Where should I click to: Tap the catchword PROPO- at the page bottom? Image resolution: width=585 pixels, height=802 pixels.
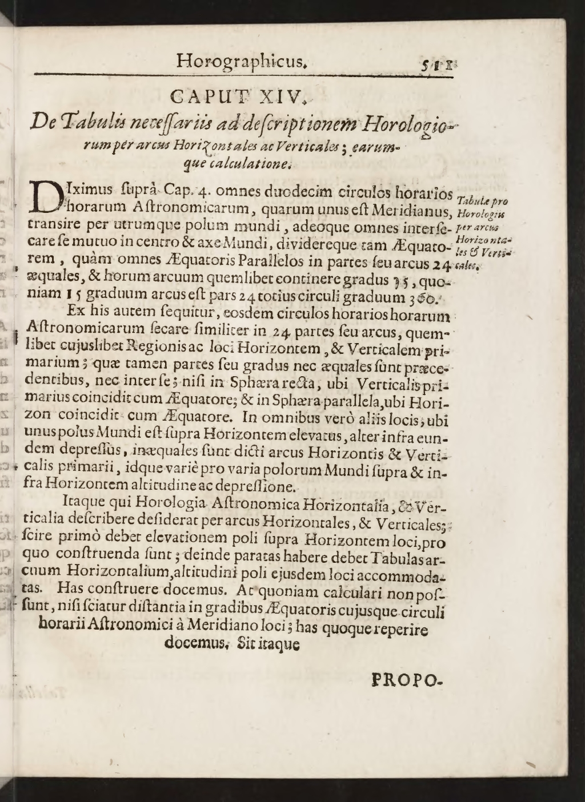pyautogui.click(x=406, y=680)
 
